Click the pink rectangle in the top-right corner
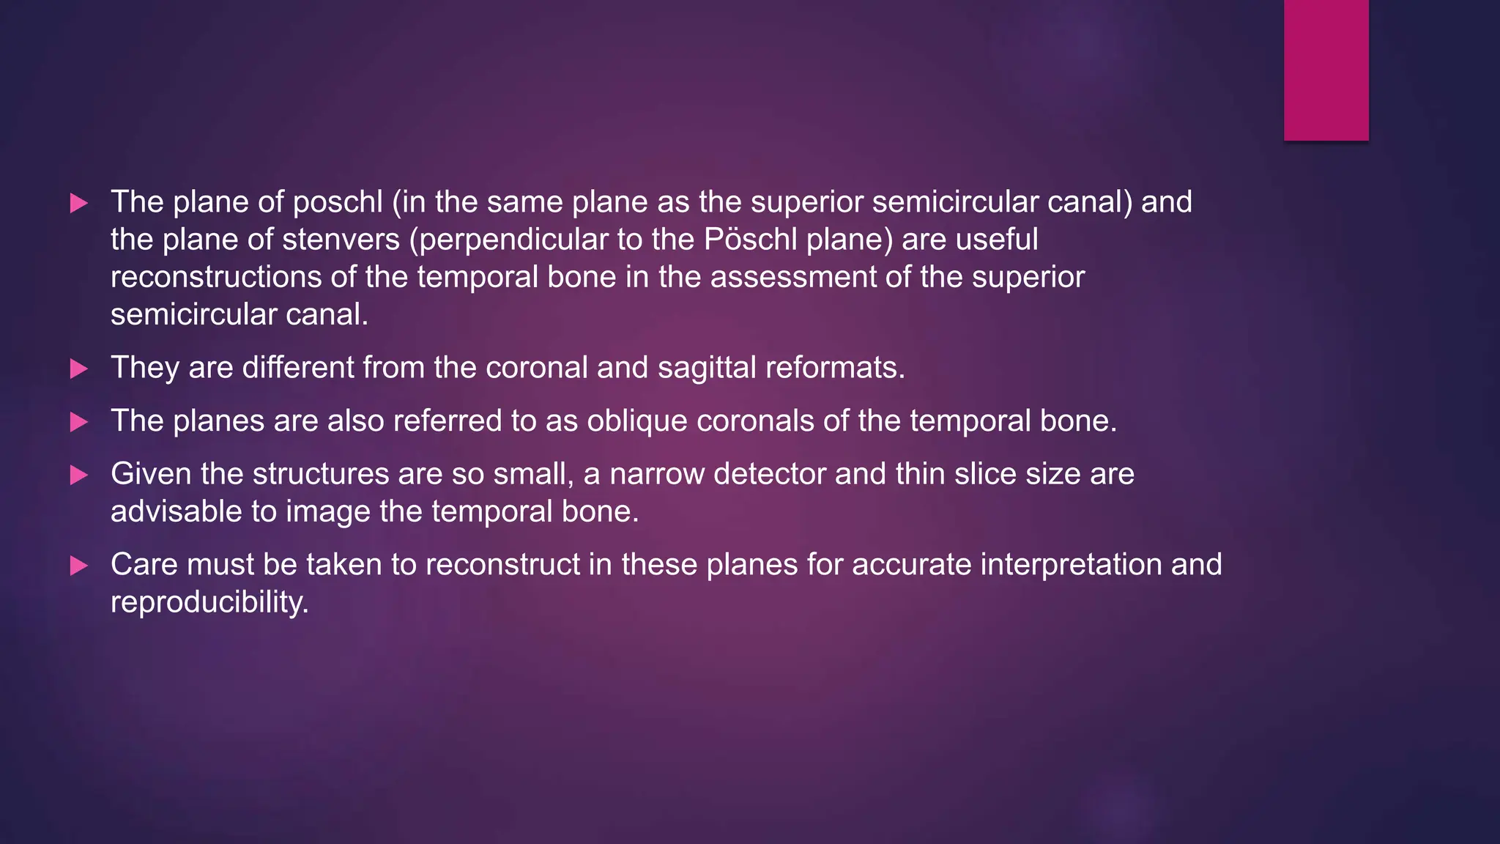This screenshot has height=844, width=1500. [1326, 70]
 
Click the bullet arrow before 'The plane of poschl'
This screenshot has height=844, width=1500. [78, 203]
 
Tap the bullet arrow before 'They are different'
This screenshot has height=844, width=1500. [78, 369]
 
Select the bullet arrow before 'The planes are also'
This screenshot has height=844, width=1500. [78, 422]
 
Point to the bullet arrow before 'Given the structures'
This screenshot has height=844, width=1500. [78, 475]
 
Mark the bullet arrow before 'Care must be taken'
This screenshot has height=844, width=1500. [78, 566]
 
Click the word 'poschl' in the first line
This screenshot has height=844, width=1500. [338, 203]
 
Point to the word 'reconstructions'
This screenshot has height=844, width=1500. [216, 278]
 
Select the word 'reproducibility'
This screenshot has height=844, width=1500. [209, 603]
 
